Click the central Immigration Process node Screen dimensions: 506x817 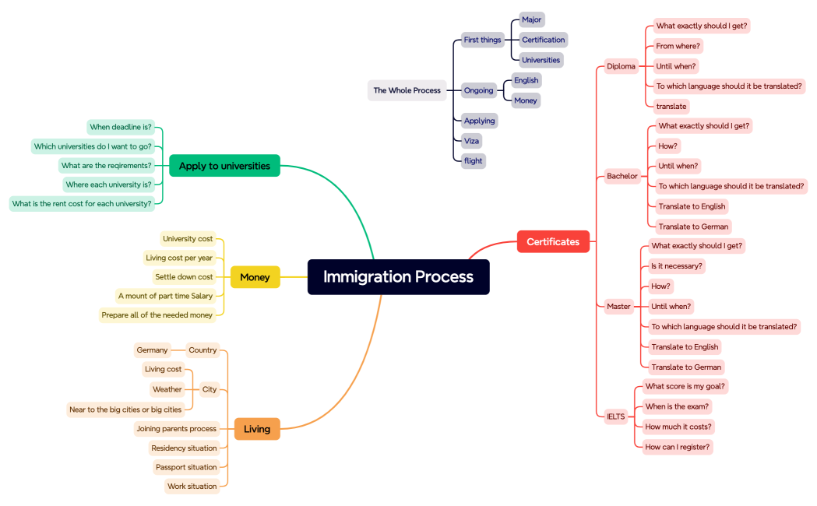[x=398, y=276]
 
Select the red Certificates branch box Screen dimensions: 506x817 [x=553, y=241]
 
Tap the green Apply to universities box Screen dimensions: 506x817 [x=224, y=166]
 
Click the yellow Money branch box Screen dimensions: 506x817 [x=255, y=277]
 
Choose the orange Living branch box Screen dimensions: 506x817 [x=256, y=429]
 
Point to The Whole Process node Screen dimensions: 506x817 [x=407, y=90]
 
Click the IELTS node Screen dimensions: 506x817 [x=615, y=416]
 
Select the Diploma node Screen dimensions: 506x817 [x=621, y=66]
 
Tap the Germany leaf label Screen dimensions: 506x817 [x=152, y=350]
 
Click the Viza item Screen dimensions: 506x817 [x=471, y=141]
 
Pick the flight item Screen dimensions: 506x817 [x=473, y=161]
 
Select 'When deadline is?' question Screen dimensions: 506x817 [x=121, y=127]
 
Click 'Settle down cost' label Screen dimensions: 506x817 [x=184, y=277]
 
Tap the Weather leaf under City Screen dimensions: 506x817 [x=167, y=389]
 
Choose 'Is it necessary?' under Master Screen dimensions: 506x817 [x=677, y=266]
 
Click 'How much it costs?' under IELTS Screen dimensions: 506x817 [x=678, y=427]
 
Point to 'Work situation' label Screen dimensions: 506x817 [x=192, y=487]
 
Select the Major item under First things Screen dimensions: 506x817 [x=532, y=19]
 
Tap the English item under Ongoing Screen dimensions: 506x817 [x=526, y=80]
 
